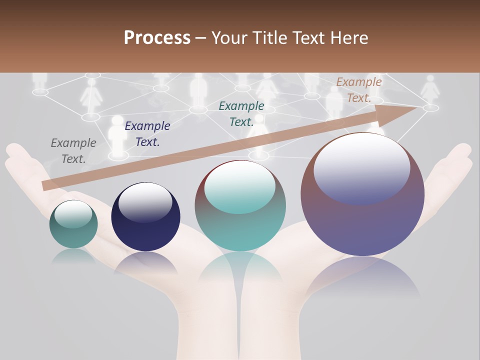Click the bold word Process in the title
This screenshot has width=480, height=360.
tap(157, 38)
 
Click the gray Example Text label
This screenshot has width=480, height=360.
tap(73, 151)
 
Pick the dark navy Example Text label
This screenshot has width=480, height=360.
tap(147, 134)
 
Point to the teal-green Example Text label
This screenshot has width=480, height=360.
tap(241, 113)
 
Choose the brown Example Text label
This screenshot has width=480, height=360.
tap(359, 90)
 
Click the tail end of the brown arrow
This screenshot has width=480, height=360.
tap(45, 185)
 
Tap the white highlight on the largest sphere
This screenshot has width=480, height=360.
tap(361, 167)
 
